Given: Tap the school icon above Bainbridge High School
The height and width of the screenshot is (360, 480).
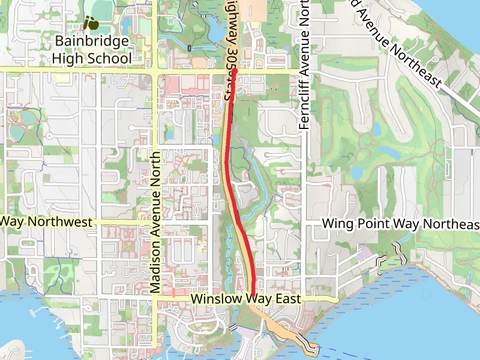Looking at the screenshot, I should click(x=91, y=23).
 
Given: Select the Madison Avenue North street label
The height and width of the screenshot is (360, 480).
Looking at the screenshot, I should click(x=155, y=222).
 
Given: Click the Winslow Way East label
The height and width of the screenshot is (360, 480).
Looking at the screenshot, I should click(x=245, y=299).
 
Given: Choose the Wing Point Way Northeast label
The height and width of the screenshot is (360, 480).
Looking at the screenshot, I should click(x=401, y=224).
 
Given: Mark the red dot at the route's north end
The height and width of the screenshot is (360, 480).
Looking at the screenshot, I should click(x=235, y=70).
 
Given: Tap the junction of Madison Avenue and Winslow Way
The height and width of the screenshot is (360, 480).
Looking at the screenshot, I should click(x=155, y=298).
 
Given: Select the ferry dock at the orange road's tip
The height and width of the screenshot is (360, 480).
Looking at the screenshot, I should click(x=311, y=347).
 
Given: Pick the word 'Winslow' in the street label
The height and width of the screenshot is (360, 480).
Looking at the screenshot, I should click(x=210, y=299).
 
